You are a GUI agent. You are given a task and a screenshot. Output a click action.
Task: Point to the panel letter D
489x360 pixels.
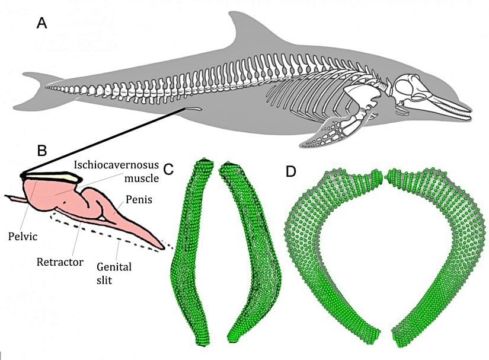coord(291,171)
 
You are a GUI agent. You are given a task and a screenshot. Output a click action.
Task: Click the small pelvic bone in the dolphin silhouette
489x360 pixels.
coord(191,109)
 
